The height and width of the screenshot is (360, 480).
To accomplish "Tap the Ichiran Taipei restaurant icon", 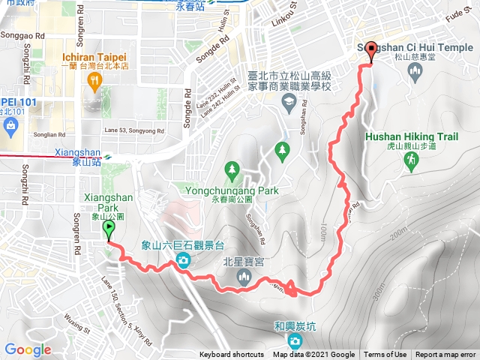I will point(94,83).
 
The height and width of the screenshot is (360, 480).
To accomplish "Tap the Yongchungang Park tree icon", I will point(232,171).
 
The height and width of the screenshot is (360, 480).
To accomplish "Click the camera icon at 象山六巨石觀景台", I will point(183,260).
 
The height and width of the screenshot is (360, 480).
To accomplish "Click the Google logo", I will point(28,349).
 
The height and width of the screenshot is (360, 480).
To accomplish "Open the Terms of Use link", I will point(385,355).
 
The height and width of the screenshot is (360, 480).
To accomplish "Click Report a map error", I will point(446,355).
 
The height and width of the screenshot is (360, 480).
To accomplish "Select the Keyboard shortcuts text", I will point(232,355).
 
